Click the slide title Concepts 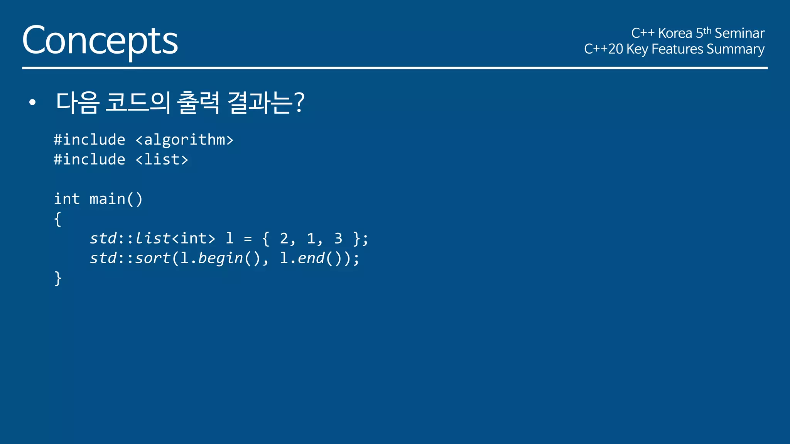point(100,41)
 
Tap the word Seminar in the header point(739,33)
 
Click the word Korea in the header point(675,33)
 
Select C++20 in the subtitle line point(603,49)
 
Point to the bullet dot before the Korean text point(32,102)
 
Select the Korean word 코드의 point(137,103)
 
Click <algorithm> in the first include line point(184,140)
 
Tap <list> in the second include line point(162,160)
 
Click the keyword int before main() point(67,199)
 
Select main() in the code point(116,199)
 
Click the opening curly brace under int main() point(57,219)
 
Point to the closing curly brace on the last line point(57,278)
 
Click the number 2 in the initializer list point(284,239)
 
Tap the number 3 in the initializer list point(338,239)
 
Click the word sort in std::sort point(152,258)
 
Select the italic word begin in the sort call point(220,258)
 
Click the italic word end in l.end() point(311,258)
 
